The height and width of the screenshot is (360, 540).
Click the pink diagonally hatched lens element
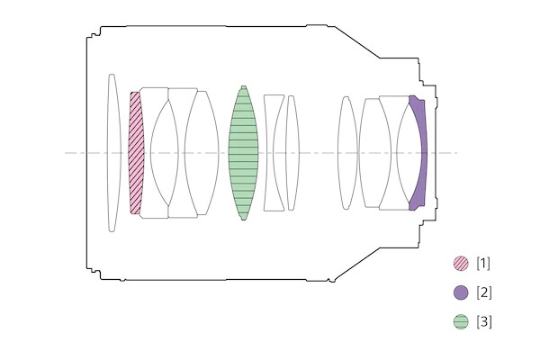pos(136,153)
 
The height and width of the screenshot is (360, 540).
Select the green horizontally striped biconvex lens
pos(244,153)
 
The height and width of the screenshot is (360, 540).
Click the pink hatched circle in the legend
pos(461,264)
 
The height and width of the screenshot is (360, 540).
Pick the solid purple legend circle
pos(461,292)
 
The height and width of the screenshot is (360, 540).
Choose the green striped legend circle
pos(461,322)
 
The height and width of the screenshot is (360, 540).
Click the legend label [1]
pos(483,264)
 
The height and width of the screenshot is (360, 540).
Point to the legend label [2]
pos(483,292)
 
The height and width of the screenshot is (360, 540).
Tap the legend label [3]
pos(483,322)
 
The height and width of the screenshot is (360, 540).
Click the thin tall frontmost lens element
pos(114,153)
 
